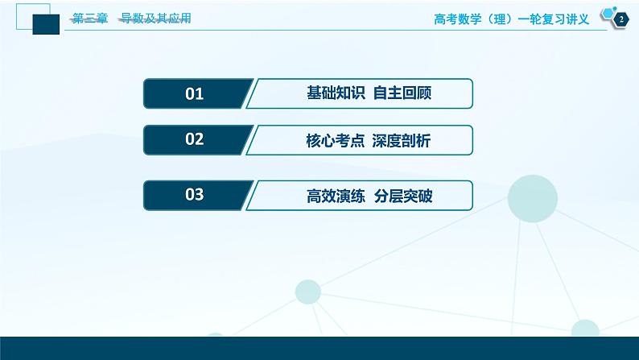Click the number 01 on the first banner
coord(195,94)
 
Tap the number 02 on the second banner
coord(195,140)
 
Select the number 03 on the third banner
coord(195,195)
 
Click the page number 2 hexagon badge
coord(619,19)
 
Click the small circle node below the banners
coord(308,292)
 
